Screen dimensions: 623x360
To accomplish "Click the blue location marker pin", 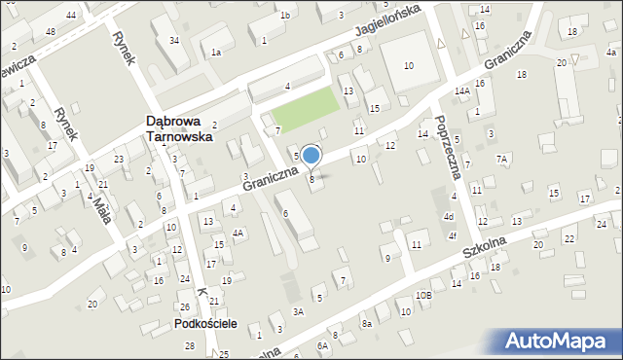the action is click(311, 156).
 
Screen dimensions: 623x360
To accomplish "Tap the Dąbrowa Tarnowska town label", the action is click(179, 129).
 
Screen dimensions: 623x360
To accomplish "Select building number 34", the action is click(173, 40).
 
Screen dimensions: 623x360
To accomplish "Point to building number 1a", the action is click(216, 52).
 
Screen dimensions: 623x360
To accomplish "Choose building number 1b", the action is click(285, 15).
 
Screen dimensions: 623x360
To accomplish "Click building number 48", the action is click(51, 32).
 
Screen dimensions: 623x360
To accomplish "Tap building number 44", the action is click(71, 16).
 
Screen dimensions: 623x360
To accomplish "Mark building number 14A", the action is click(462, 90).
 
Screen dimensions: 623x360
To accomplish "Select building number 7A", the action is click(502, 159).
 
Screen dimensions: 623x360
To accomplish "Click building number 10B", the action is click(423, 294).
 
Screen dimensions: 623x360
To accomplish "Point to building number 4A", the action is click(238, 233).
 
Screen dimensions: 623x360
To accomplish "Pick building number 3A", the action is click(300, 311).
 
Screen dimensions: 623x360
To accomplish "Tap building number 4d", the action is click(450, 216).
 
